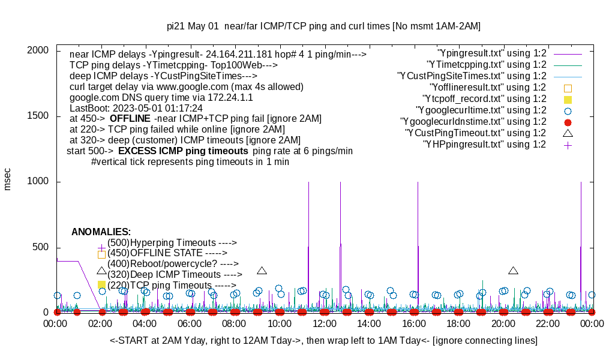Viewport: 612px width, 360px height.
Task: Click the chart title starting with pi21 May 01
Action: click(323, 26)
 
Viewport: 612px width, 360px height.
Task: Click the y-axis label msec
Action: click(8, 179)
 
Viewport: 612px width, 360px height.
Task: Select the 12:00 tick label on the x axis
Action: click(324, 324)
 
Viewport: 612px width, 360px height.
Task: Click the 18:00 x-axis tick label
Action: click(458, 324)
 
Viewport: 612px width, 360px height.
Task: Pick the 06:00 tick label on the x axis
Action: click(190, 324)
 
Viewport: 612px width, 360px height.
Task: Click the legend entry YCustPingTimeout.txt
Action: click(475, 133)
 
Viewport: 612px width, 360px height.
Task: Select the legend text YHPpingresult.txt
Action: click(484, 144)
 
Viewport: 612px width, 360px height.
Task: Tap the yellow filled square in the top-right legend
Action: click(568, 99)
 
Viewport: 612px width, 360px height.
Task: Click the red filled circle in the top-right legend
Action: click(568, 122)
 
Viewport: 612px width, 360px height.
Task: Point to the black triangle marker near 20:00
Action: click(513, 271)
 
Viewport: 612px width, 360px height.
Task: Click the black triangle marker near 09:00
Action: click(262, 271)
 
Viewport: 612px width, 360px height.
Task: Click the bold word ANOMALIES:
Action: click(101, 232)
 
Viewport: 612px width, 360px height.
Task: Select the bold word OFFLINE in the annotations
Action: click(130, 119)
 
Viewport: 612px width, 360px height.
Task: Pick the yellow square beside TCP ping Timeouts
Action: click(101, 285)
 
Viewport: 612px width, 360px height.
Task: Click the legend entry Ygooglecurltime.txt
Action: click(481, 110)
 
